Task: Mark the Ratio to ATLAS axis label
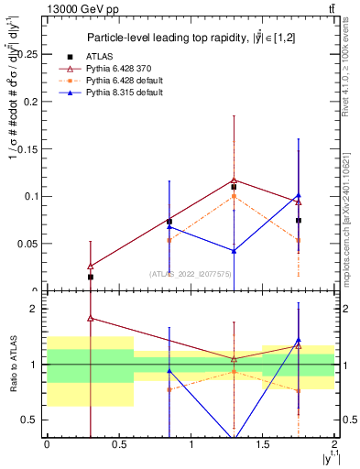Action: [13, 365]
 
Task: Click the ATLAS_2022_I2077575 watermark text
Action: [191, 274]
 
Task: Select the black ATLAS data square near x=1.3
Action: [235, 187]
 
